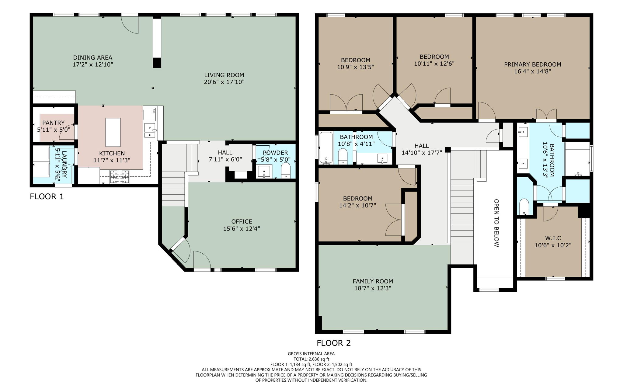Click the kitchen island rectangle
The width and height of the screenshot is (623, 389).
113,132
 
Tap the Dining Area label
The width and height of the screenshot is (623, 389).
92,57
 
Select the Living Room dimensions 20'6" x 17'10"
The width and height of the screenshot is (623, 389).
224,82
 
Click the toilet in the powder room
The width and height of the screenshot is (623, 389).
286,170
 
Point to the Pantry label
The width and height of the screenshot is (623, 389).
54,123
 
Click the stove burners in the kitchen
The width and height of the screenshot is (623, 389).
119,177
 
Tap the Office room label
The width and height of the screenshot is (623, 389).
242,221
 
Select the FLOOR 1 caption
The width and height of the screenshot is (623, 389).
47,196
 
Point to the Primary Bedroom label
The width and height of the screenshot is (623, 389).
532,64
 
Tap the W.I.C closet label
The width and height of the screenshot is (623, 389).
553,238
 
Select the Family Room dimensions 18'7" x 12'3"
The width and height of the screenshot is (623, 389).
373,288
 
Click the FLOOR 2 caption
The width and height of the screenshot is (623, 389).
334,343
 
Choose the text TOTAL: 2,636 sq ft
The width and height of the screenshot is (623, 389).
311,359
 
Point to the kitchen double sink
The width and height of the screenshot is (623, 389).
150,130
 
